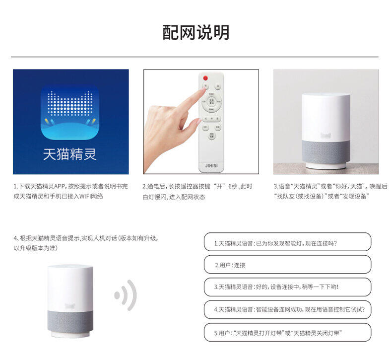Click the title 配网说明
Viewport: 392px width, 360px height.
pyautogui.click(x=196, y=32)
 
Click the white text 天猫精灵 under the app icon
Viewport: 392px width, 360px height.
pyautogui.click(x=69, y=154)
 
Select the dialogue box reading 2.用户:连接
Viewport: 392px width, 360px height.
pyautogui.click(x=287, y=265)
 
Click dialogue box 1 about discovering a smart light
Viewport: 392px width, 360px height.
pyautogui.click(x=287, y=242)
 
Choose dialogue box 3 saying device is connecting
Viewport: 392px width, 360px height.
pyautogui.click(x=287, y=287)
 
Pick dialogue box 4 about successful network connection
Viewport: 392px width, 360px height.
pyautogui.click(x=287, y=309)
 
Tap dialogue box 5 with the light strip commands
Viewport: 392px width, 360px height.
pyautogui.click(x=287, y=332)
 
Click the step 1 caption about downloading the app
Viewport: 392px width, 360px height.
pyautogui.click(x=70, y=191)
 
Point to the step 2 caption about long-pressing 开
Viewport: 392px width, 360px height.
pyautogui.click(x=198, y=191)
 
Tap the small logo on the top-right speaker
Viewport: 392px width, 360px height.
pyautogui.click(x=326, y=135)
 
